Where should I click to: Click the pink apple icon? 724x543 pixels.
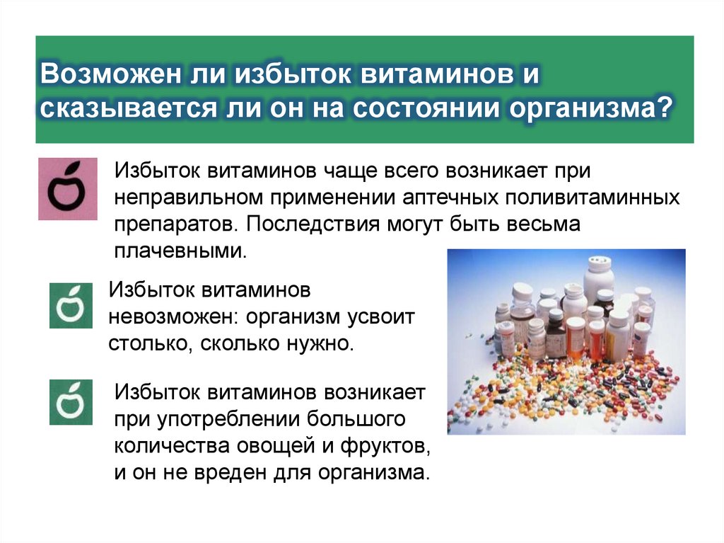pos(67,188)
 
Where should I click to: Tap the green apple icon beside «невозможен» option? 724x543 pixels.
pos(71,305)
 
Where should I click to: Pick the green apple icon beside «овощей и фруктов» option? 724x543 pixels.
pos(71,402)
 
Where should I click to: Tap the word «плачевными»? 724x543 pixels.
pos(180,251)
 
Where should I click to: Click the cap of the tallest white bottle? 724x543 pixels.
pos(598,264)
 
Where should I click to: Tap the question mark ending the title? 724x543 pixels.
pos(663,110)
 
